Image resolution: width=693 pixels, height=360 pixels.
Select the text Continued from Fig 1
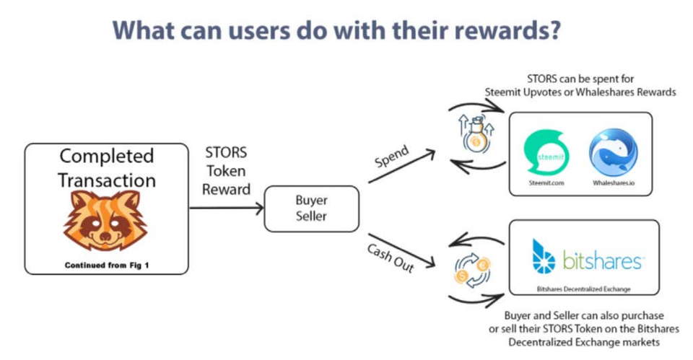[106, 264]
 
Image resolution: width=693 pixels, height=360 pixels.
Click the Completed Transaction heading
[106, 167]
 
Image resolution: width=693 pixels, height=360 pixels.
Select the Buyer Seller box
[310, 208]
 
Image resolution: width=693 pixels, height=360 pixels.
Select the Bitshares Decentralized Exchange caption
[584, 289]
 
